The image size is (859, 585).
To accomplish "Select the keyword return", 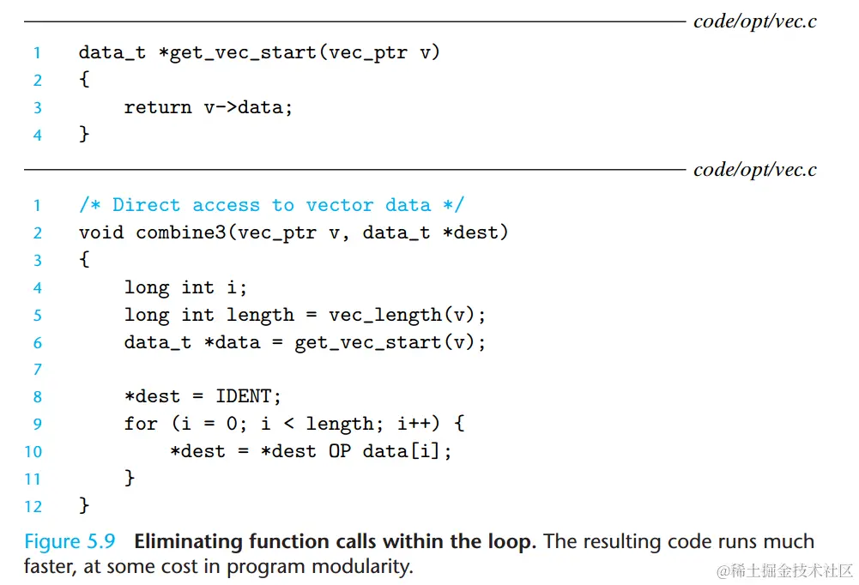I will point(158,107).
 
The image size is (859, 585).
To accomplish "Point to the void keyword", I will point(101,232).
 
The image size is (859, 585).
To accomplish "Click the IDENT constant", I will point(248,396).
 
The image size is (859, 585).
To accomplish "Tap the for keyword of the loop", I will point(141,424).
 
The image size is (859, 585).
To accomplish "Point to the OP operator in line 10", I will point(340,451).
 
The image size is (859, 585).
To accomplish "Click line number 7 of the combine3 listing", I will point(37,370).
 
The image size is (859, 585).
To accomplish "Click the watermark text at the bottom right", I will point(784,570).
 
